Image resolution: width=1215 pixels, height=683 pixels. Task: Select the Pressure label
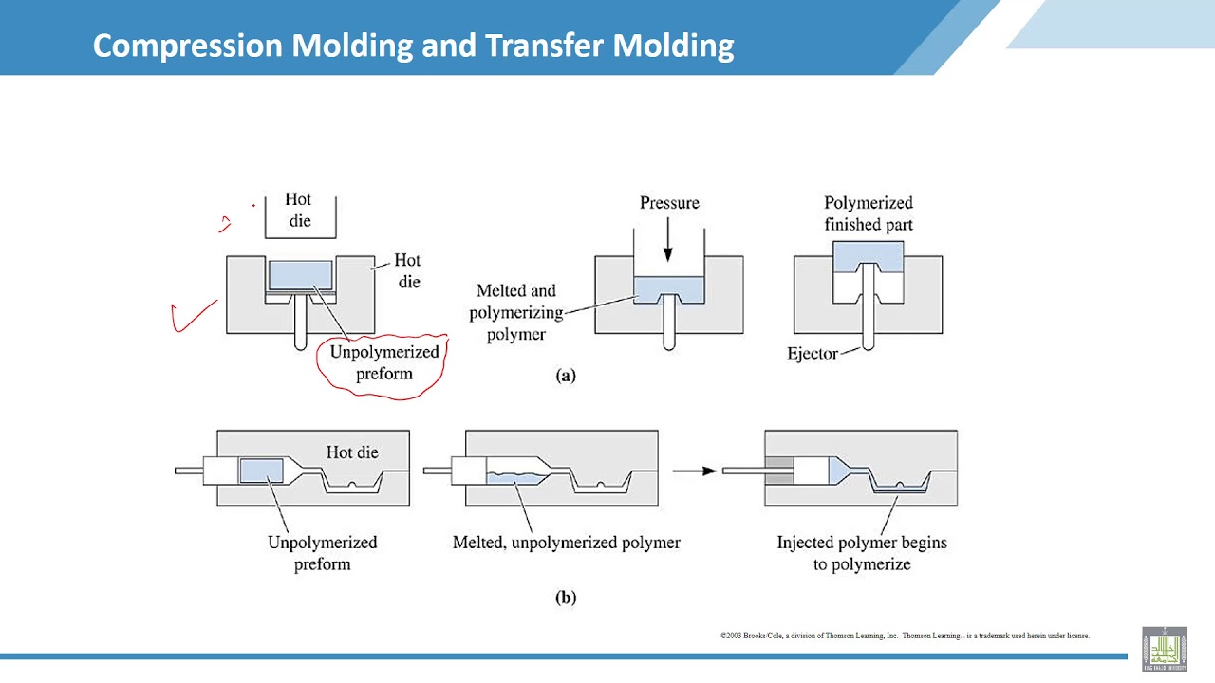pyautogui.click(x=669, y=203)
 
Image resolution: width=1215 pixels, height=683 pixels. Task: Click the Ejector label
pyautogui.click(x=813, y=354)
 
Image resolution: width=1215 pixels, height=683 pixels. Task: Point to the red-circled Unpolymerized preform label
pyautogui.click(x=384, y=362)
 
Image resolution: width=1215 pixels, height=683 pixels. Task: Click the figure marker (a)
pyautogui.click(x=566, y=375)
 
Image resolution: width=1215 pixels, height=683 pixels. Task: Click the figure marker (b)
pyautogui.click(x=566, y=598)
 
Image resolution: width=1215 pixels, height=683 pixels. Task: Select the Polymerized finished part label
pyautogui.click(x=868, y=213)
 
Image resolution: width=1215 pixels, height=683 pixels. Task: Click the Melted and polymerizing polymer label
pyautogui.click(x=516, y=312)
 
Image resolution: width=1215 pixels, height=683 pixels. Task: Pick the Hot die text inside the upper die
pyautogui.click(x=298, y=211)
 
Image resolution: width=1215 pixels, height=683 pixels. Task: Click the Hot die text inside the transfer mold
pyautogui.click(x=352, y=452)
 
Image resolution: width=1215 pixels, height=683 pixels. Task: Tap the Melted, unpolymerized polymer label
pyautogui.click(x=566, y=543)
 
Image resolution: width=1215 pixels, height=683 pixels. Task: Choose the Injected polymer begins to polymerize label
pyautogui.click(x=862, y=553)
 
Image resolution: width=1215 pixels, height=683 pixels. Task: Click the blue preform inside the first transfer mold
pyautogui.click(x=262, y=471)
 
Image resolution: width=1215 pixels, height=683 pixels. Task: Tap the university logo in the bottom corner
pyautogui.click(x=1164, y=649)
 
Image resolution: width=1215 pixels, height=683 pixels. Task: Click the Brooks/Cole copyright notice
pyautogui.click(x=904, y=636)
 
